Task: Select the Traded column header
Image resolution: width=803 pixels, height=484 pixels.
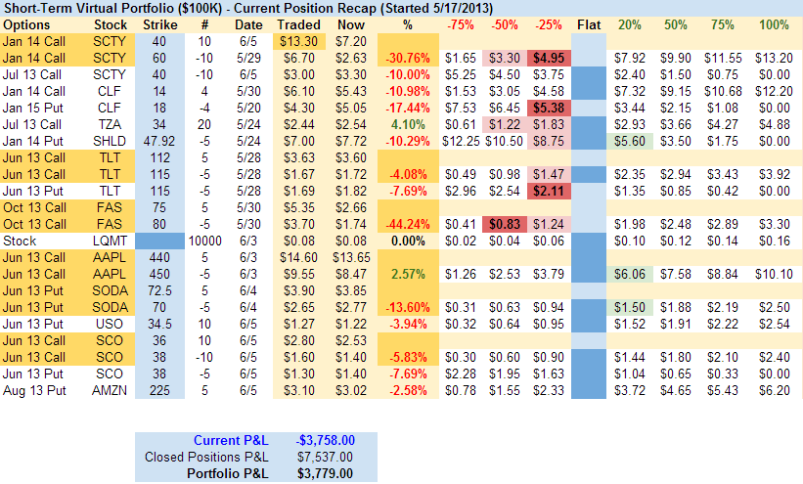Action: [298, 23]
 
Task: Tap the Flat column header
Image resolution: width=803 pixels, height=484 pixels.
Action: [588, 23]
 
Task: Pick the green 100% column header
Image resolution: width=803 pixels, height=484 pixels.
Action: [773, 23]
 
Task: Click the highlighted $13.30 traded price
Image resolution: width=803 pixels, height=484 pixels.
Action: [298, 41]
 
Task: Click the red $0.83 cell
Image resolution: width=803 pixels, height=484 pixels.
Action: [506, 225]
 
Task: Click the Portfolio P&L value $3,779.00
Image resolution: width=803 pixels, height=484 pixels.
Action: [326, 472]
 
